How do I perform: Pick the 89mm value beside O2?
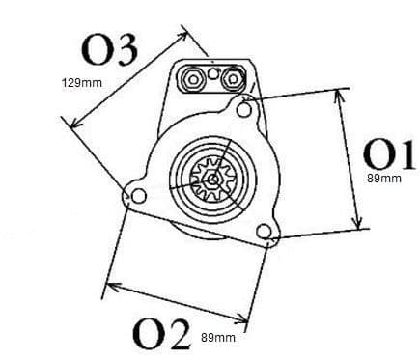(214, 337)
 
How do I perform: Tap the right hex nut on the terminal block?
(233, 76)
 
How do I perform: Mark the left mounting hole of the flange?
(138, 197)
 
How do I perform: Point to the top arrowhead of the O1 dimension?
(340, 95)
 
